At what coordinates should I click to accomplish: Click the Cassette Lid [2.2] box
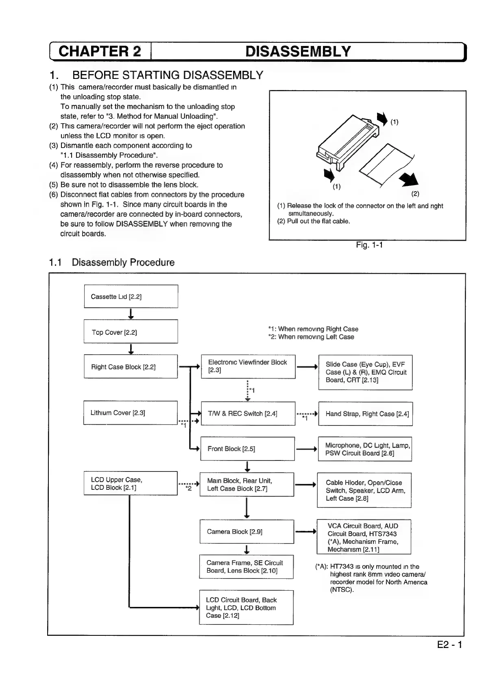click(131, 297)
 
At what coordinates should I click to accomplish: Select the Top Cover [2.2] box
click(131, 332)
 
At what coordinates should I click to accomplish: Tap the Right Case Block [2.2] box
click(131, 366)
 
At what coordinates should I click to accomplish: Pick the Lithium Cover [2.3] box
click(131, 413)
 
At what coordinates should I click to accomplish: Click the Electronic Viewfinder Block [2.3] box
click(248, 366)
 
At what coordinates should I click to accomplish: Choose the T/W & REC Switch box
click(248, 414)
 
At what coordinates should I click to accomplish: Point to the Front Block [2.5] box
click(247, 449)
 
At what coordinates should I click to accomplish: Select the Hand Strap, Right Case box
click(365, 414)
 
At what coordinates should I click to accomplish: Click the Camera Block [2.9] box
click(246, 532)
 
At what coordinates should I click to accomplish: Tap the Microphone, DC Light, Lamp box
click(365, 449)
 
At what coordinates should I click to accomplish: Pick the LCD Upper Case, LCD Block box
click(131, 483)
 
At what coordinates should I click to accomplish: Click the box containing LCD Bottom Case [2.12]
click(246, 607)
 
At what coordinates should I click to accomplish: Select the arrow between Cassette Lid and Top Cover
click(131, 314)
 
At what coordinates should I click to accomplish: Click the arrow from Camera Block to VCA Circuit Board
click(305, 531)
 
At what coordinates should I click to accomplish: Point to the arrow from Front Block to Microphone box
click(306, 449)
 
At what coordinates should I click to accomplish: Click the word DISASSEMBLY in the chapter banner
click(298, 52)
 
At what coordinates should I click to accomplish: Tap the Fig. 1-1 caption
click(369, 245)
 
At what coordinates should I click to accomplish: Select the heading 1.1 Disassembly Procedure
click(112, 262)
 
